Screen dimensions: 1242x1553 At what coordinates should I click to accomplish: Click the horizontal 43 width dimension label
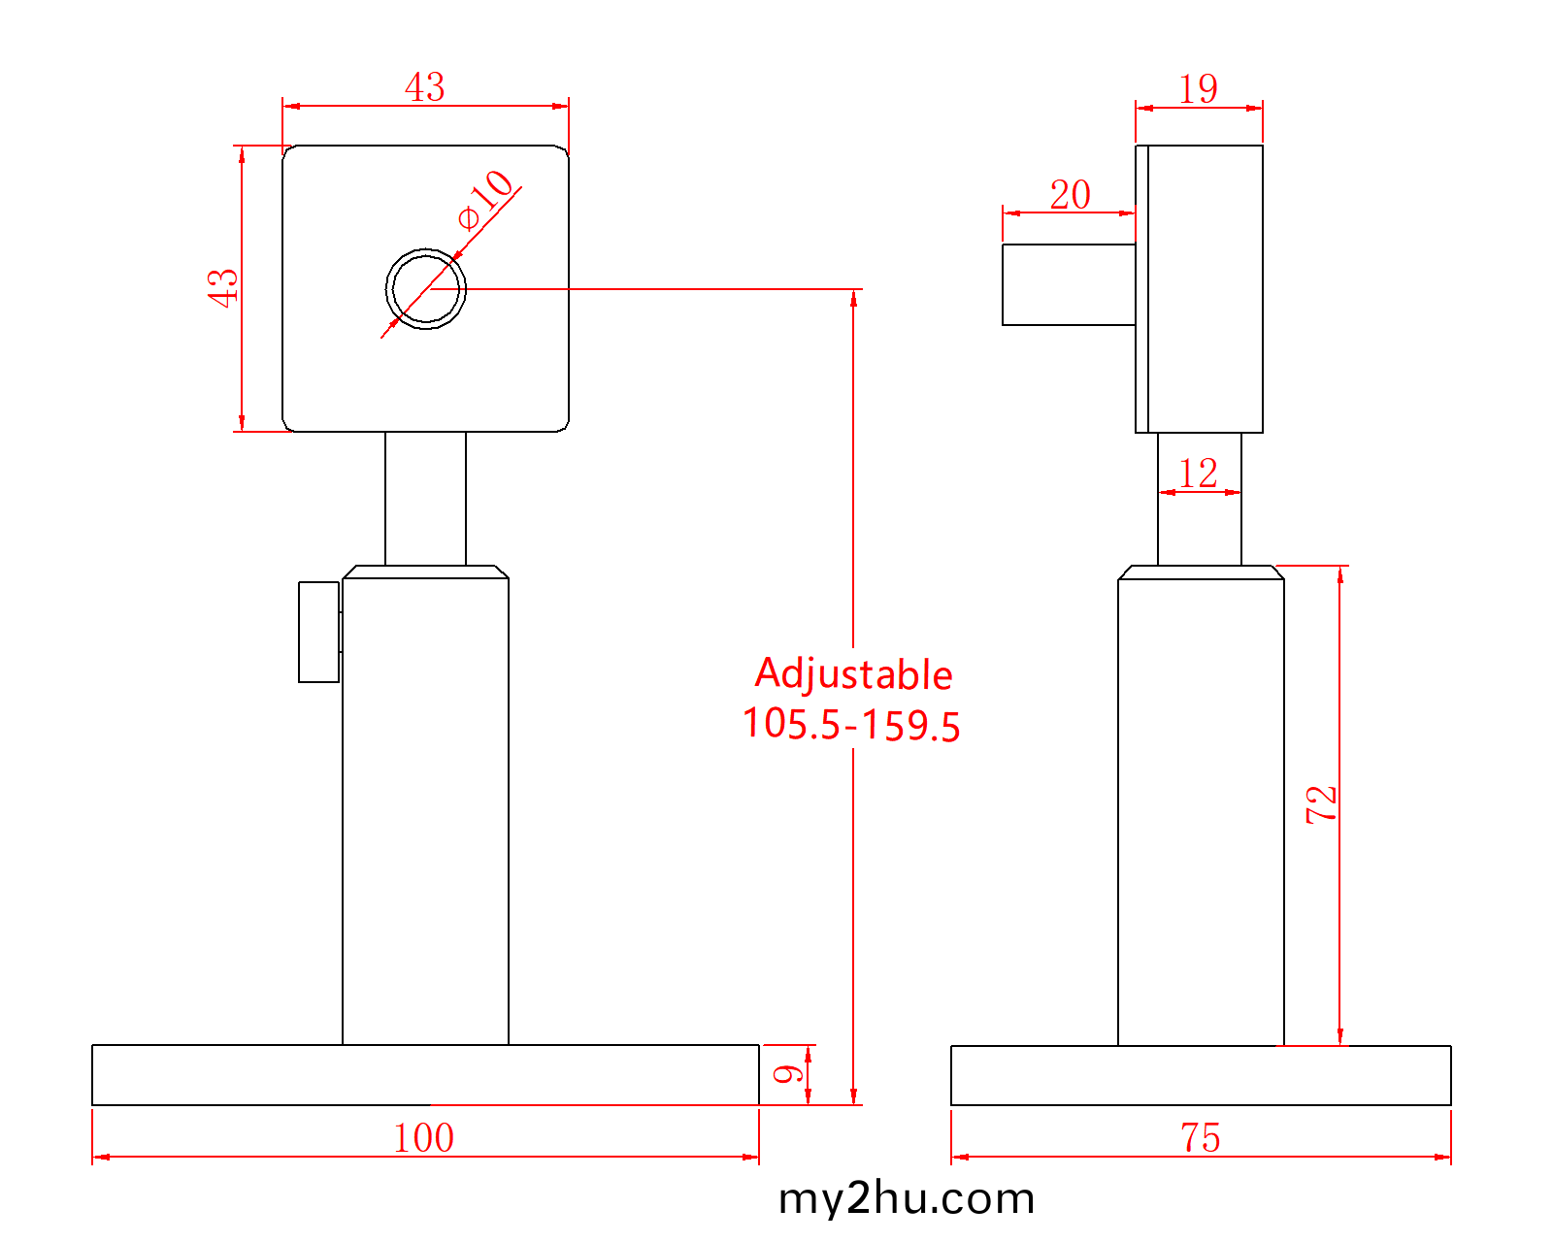pyautogui.click(x=425, y=87)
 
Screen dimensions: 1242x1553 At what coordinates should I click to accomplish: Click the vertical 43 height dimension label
pyautogui.click(x=223, y=288)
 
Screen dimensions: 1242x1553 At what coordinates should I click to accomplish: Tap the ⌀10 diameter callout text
pyautogui.click(x=485, y=198)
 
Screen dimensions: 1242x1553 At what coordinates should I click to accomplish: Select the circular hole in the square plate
pyautogui.click(x=425, y=289)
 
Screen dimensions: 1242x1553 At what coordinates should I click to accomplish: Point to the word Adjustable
pyautogui.click(x=853, y=674)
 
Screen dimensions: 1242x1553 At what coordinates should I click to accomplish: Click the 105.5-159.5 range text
pyautogui.click(x=851, y=725)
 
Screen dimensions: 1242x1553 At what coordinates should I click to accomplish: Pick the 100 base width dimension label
pyautogui.click(x=423, y=1138)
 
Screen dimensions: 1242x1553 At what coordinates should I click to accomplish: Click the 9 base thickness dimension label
pyautogui.click(x=788, y=1074)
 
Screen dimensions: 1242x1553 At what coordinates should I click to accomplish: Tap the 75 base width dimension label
pyautogui.click(x=1201, y=1138)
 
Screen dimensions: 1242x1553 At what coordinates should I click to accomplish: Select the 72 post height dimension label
pyautogui.click(x=1321, y=804)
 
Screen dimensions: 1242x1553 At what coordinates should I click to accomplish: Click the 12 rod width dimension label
pyautogui.click(x=1199, y=474)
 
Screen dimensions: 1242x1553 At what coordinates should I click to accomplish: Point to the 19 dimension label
pyautogui.click(x=1199, y=89)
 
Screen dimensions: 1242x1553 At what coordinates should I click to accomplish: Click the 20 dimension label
pyautogui.click(x=1070, y=195)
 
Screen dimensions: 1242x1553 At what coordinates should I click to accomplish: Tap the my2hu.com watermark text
pyautogui.click(x=907, y=1199)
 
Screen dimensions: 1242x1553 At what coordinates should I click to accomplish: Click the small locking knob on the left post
pyautogui.click(x=318, y=632)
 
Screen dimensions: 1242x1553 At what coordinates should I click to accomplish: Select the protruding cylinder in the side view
pyautogui.click(x=1068, y=284)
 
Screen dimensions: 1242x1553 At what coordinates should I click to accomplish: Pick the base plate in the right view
pyautogui.click(x=1201, y=1075)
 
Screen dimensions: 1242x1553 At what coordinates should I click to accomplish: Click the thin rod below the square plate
pyautogui.click(x=425, y=498)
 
